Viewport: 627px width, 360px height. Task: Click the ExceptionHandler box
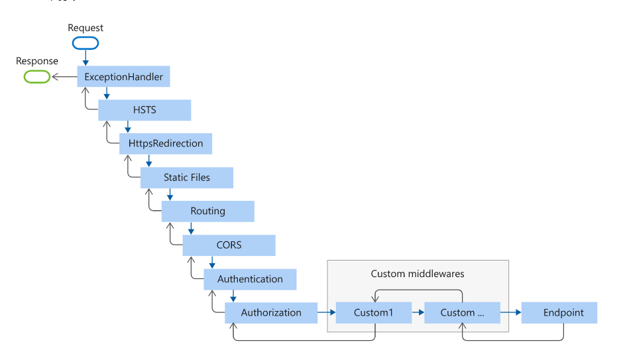(124, 77)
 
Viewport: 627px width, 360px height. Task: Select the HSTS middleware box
(144, 110)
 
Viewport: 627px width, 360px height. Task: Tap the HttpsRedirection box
(166, 144)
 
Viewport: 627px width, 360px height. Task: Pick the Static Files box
(187, 178)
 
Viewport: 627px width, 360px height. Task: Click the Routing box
(208, 211)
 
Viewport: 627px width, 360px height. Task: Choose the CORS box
(229, 245)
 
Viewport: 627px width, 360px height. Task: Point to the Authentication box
(250, 279)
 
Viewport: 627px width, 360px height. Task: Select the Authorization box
(271, 313)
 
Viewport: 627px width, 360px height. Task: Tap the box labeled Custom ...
(461, 313)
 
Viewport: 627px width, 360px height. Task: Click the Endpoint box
(559, 313)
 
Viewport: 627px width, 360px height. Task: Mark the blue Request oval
(85, 43)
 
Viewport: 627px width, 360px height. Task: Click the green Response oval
(37, 77)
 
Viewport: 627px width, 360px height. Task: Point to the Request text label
(85, 28)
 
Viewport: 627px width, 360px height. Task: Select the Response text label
(37, 61)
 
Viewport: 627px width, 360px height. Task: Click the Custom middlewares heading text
(417, 274)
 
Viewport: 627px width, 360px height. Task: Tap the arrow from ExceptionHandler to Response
(64, 77)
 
